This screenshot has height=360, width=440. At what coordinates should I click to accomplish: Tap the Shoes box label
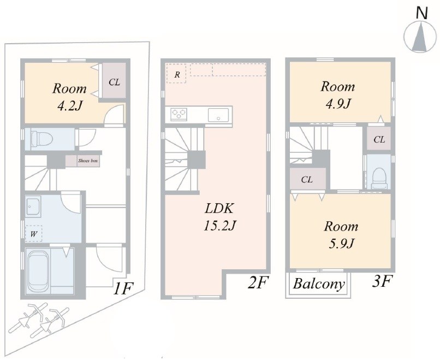pos(88,161)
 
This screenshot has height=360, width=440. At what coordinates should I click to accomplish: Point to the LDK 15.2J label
pos(219,217)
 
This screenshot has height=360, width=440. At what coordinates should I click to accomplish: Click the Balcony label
pos(318,284)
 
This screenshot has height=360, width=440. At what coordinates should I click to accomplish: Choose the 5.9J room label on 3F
pos(341,235)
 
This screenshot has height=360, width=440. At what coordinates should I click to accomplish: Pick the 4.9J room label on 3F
pos(337,95)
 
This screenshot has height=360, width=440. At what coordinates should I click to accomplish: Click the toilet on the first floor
pos(42,139)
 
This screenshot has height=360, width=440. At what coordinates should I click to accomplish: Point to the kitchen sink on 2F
pos(218,115)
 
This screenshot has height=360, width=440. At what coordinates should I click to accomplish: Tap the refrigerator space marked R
pos(176,74)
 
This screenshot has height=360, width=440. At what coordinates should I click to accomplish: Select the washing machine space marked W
pos(33,234)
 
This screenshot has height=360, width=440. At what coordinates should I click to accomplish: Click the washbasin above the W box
pos(34,206)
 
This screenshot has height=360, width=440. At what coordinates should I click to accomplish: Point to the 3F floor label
pos(382,281)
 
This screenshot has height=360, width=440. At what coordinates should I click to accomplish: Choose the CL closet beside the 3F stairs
pos(308,179)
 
